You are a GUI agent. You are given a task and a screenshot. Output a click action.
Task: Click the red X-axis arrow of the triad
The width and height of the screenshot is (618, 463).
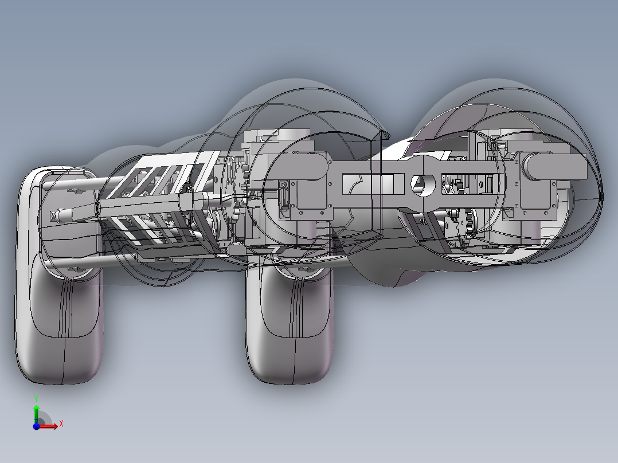(x=50, y=425)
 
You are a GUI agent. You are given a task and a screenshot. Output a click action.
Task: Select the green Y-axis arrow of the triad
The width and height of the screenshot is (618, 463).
(x=36, y=411)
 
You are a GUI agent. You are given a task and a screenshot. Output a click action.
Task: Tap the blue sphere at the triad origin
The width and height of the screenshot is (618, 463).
(x=36, y=426)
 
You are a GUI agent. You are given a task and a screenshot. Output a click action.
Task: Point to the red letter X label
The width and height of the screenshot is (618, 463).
(x=61, y=423)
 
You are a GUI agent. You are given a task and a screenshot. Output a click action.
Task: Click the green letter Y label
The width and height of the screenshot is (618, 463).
(x=36, y=397)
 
